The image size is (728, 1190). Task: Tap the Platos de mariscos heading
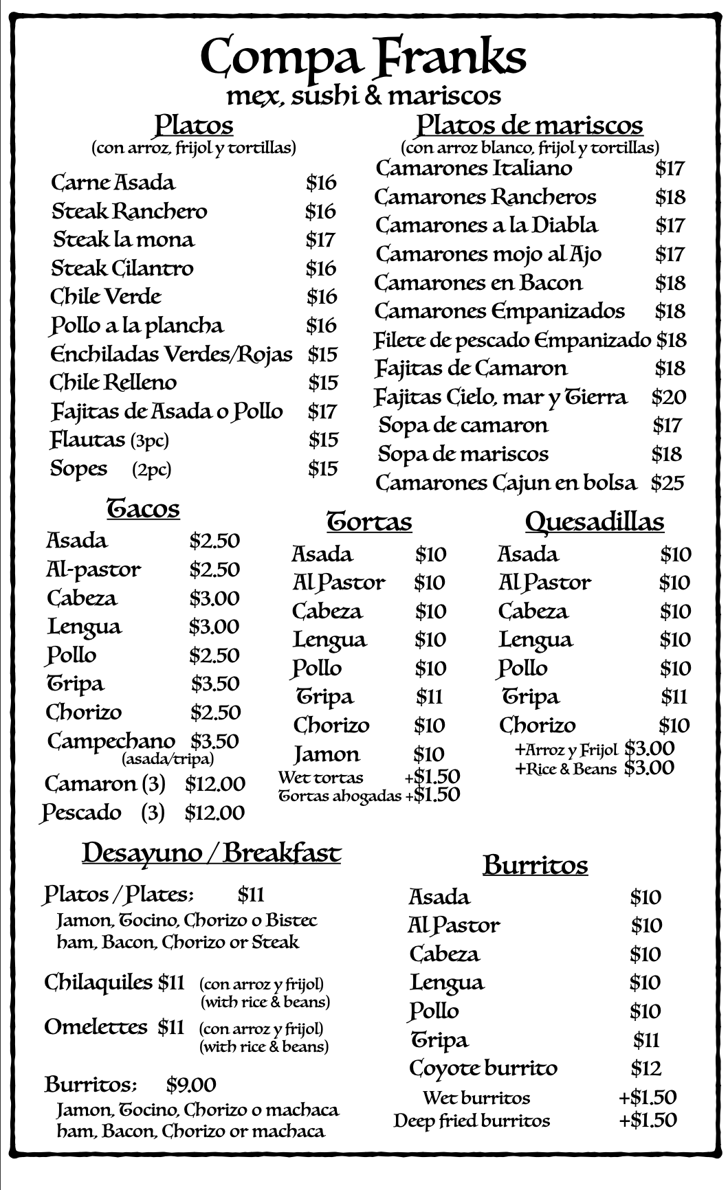point(529,125)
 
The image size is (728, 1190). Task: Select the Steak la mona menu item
point(124,240)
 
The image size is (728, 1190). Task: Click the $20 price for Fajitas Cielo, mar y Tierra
point(668,397)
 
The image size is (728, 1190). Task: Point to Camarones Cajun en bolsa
point(505,483)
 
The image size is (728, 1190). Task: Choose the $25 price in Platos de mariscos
point(668,483)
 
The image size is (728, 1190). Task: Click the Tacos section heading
point(143,508)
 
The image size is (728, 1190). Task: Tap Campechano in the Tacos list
point(111,741)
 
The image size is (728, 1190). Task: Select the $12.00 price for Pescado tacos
point(214,813)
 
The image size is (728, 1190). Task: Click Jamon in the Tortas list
point(327,754)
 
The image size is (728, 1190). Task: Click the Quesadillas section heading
point(595,521)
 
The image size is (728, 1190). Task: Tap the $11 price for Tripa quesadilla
point(674,697)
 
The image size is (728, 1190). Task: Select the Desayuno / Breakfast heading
point(211,853)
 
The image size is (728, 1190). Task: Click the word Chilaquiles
point(98,983)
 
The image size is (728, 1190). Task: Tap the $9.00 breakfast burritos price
point(191,1085)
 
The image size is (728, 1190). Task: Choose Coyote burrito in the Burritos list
point(483,1068)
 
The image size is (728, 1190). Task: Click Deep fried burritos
point(472,1121)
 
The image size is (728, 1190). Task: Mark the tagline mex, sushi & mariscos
point(363,96)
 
